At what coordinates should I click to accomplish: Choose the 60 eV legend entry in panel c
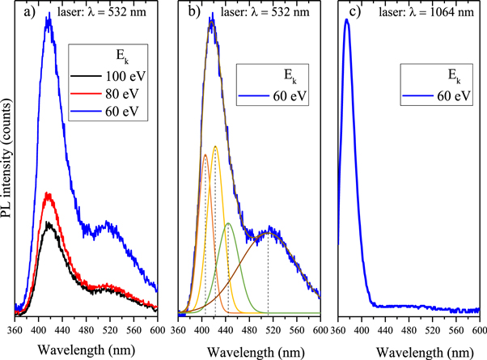click(x=437, y=95)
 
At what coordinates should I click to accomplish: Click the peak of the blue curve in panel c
click(x=348, y=20)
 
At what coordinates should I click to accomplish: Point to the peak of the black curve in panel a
click(x=49, y=222)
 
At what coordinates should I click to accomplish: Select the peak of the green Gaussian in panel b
click(x=229, y=223)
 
